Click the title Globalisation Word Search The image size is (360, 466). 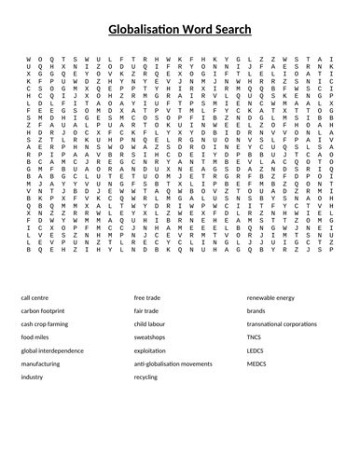coord(180,29)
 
